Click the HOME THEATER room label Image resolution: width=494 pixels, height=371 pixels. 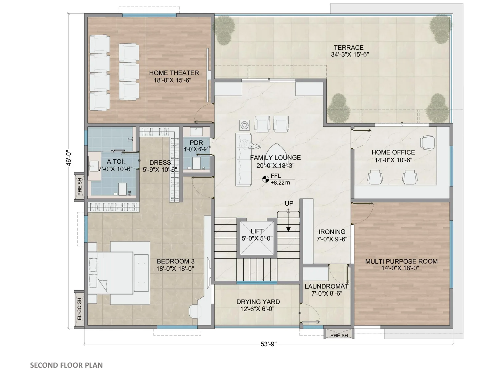click(x=174, y=73)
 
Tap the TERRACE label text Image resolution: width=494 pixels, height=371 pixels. click(x=348, y=48)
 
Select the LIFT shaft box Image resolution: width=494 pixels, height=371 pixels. click(x=257, y=238)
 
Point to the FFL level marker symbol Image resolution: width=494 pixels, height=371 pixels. click(x=266, y=179)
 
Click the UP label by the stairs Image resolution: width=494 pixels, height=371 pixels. click(x=289, y=203)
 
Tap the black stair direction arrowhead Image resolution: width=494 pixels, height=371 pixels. click(x=288, y=229)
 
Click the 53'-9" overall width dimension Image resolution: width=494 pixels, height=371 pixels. click(x=269, y=344)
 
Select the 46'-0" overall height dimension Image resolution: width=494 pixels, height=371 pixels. click(x=69, y=159)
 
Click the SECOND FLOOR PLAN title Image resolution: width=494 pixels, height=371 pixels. click(x=66, y=365)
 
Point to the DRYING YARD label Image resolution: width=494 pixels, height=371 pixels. click(x=258, y=302)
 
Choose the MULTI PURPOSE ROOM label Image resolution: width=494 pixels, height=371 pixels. click(x=401, y=261)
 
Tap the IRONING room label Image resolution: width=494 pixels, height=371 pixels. click(x=332, y=232)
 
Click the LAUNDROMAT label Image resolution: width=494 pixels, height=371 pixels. click(x=327, y=287)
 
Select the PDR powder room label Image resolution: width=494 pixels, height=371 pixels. click(x=196, y=143)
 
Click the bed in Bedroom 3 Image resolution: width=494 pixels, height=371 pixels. click(x=110, y=273)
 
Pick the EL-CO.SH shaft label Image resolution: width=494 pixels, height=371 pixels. click(x=79, y=309)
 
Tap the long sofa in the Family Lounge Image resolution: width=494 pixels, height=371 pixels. click(x=243, y=160)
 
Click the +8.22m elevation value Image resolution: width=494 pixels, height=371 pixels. click(x=280, y=183)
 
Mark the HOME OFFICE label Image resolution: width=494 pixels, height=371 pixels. click(x=393, y=152)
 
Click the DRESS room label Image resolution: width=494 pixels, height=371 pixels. click(x=160, y=162)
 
